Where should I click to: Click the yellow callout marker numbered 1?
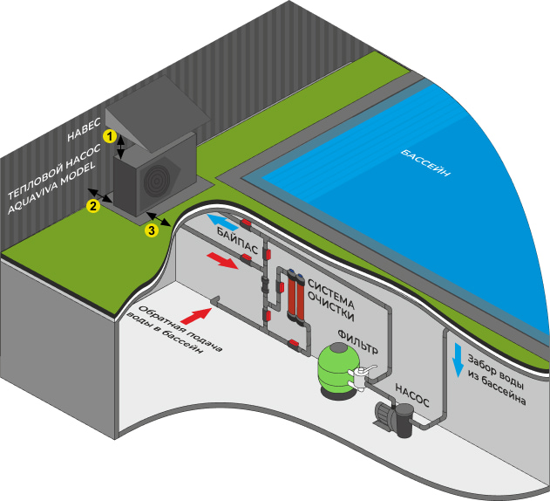109,136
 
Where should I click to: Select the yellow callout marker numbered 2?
92,206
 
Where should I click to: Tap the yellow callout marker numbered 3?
152,230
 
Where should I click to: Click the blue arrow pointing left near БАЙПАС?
221,223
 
